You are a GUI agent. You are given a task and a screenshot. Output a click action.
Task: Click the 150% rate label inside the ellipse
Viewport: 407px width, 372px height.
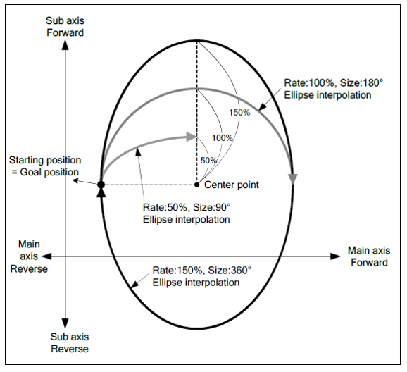pyautogui.click(x=239, y=113)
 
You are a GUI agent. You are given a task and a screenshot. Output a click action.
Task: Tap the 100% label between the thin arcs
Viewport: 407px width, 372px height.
pyautogui.click(x=223, y=138)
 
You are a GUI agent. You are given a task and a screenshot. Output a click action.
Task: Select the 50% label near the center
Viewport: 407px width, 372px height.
pyautogui.click(x=208, y=161)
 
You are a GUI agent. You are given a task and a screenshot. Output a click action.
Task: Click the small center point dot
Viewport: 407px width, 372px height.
pyautogui.click(x=197, y=185)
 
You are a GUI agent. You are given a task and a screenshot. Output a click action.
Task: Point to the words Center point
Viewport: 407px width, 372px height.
pyautogui.click(x=232, y=185)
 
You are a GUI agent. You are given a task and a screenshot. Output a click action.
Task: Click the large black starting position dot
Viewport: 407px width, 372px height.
pyautogui.click(x=101, y=185)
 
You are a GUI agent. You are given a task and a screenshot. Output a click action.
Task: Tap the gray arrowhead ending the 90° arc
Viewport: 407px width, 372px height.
pyautogui.click(x=192, y=137)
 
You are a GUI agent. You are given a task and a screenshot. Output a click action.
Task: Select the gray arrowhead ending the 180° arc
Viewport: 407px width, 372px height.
pyautogui.click(x=293, y=179)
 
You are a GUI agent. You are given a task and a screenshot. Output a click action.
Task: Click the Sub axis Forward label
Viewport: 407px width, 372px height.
pyautogui.click(x=65, y=27)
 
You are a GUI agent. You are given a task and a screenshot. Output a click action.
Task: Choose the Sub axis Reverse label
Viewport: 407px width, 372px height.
pyautogui.click(x=70, y=342)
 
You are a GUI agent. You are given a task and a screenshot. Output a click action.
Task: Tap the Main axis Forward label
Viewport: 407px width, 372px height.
pyautogui.click(x=369, y=256)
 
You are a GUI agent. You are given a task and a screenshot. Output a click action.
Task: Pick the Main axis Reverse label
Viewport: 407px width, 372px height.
pyautogui.click(x=29, y=256)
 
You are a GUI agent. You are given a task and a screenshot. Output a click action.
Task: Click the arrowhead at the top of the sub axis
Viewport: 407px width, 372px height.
pyautogui.click(x=65, y=45)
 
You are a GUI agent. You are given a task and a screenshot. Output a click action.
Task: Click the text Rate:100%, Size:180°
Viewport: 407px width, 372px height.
pyautogui.click(x=334, y=83)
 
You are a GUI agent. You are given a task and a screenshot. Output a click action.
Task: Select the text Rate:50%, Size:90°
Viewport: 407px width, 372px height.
pyautogui.click(x=187, y=207)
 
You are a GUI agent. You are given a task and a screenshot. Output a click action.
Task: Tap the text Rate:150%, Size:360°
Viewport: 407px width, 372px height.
pyautogui.click(x=201, y=271)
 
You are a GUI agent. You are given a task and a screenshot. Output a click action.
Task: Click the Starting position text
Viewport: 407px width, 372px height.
pyautogui.click(x=45, y=160)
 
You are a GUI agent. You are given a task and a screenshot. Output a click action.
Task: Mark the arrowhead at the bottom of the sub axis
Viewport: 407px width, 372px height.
pyautogui.click(x=65, y=323)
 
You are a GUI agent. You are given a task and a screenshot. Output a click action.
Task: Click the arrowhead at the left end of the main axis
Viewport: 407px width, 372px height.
pyautogui.click(x=46, y=256)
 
